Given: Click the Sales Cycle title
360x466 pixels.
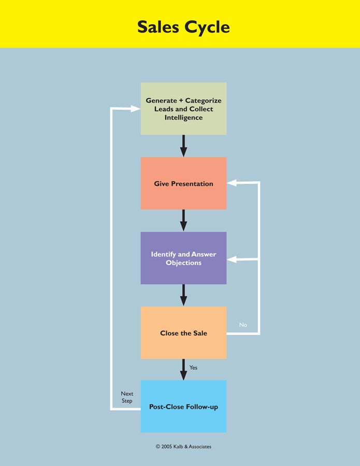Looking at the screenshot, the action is pos(183,27).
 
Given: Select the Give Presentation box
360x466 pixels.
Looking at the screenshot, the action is pos(183,183).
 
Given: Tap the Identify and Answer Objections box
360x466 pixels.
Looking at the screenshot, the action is pos(183,258).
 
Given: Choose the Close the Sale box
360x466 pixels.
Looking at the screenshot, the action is pos(183,333).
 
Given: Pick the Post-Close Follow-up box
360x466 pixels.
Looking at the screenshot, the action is pos(183,406).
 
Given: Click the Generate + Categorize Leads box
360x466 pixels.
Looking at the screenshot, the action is pos(183,109).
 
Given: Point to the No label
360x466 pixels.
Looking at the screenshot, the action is pos(243,325).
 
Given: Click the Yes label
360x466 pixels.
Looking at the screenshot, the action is pos(193,368).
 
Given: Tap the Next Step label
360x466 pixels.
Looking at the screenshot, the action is pos(127,397).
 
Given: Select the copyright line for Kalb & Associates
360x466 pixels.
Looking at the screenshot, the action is pos(183,446).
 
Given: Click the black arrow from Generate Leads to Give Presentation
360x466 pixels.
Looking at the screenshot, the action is pos(184,146).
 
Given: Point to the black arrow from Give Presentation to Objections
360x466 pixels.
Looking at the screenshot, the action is pos(184,221).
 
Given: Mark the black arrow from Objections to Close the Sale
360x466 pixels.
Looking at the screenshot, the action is pos(184,296).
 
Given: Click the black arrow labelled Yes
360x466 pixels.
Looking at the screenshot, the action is pos(184,369).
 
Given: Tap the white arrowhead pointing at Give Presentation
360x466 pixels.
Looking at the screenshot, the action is pos(232,183).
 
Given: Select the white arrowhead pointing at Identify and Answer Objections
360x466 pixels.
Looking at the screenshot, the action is pos(232,259).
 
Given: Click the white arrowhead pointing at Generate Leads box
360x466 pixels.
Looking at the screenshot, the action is pos(136,109).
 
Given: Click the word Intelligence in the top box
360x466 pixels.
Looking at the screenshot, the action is pos(183,118).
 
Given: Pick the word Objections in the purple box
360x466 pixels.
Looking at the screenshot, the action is pos(183,263).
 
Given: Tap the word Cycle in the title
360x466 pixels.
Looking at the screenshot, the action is pos(207,27).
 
